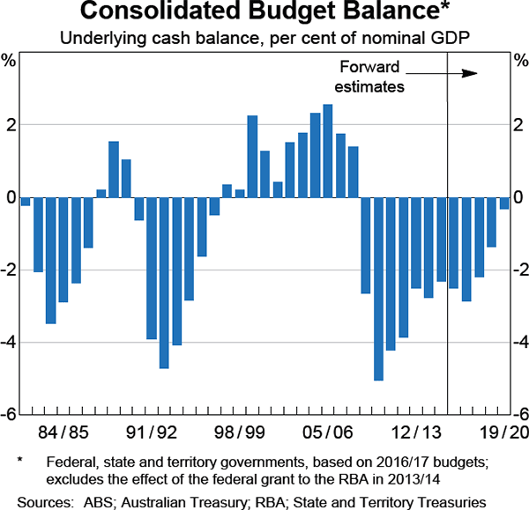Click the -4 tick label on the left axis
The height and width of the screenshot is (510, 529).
tap(11, 343)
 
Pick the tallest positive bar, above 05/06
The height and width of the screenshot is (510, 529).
tap(328, 151)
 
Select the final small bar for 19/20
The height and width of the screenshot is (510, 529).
tap(504, 203)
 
